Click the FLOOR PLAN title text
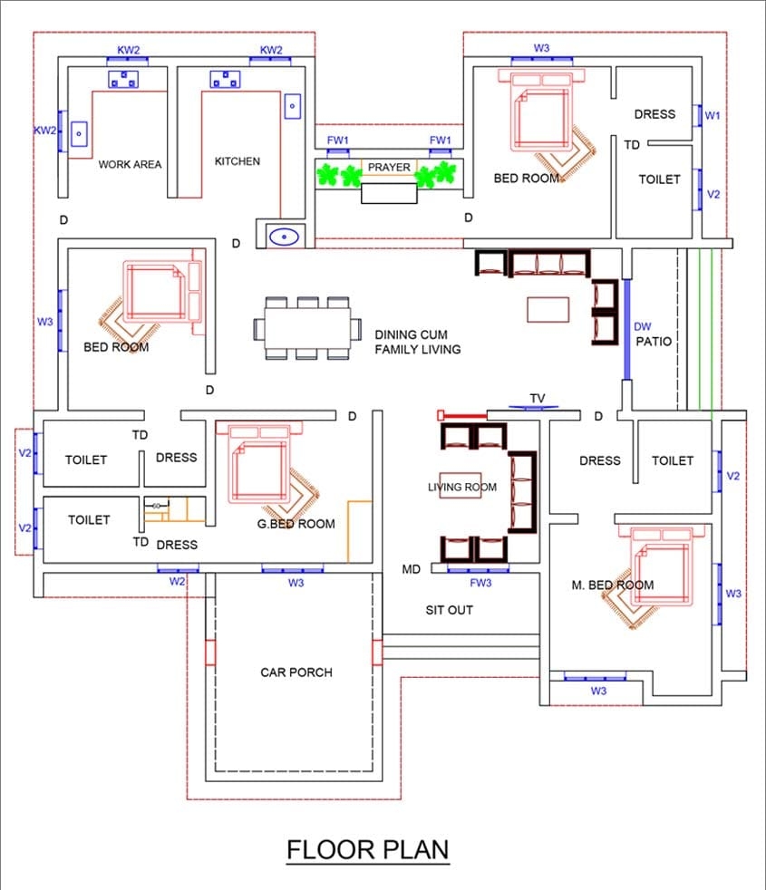(367, 850)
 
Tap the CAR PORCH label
(296, 672)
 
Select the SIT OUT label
(450, 610)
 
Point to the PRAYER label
(389, 168)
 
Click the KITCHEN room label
(238, 161)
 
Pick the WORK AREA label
(130, 164)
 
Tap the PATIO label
(653, 342)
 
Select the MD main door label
(411, 569)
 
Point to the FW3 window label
(480, 583)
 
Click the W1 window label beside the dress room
(713, 116)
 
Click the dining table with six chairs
(307, 327)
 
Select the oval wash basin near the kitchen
(285, 237)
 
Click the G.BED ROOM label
(295, 524)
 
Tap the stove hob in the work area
(122, 80)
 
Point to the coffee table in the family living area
(549, 309)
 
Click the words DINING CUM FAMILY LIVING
(418, 342)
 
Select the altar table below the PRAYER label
(389, 193)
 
